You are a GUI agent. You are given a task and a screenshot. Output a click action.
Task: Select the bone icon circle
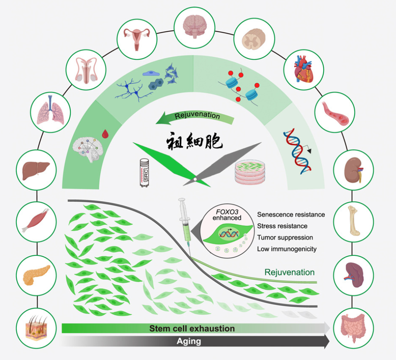coord(353,222)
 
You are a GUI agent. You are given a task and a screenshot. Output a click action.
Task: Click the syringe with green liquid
coord(184,222)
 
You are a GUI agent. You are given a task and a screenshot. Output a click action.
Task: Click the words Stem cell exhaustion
coord(192,328)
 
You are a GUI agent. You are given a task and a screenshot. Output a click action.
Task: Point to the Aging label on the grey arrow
coord(189,341)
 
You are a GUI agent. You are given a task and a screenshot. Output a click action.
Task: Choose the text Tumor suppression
coord(285,237)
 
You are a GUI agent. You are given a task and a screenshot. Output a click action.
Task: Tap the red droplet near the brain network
coord(105,134)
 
